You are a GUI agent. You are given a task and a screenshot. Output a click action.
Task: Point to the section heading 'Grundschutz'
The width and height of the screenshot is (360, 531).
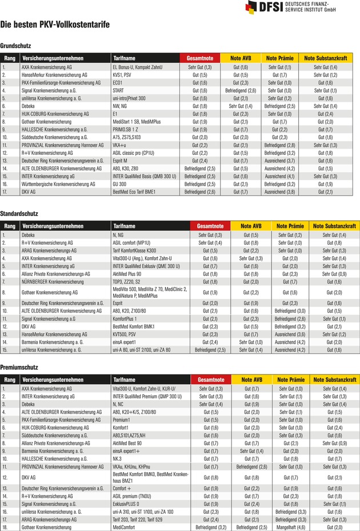[x=15, y=45]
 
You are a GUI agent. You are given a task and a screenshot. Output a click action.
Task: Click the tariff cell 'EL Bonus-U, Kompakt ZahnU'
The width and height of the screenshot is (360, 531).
[x=137, y=67]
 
